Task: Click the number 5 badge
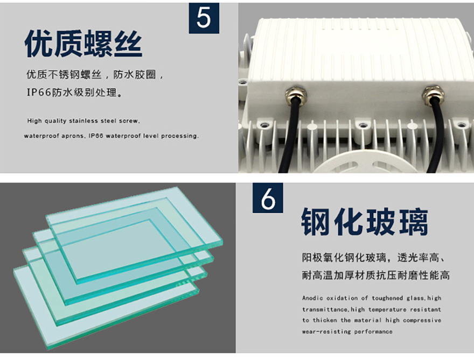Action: [204, 18]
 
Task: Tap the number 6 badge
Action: [268, 198]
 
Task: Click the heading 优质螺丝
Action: [83, 44]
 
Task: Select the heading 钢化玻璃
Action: [365, 222]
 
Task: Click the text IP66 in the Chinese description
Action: [39, 93]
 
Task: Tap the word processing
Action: [179, 136]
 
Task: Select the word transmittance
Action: [325, 309]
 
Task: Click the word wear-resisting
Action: [326, 331]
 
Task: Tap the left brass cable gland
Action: [296, 95]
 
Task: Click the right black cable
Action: [436, 136]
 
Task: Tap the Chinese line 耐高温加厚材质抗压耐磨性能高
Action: [376, 275]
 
